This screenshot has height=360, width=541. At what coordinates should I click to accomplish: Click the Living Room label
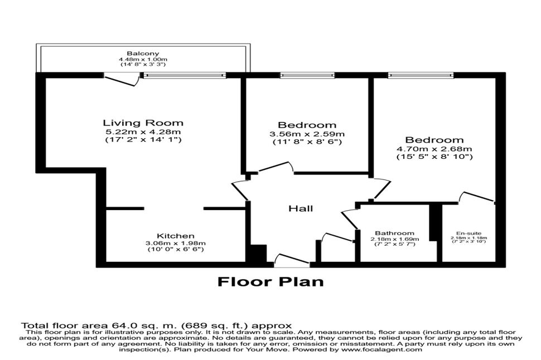(x=143, y=123)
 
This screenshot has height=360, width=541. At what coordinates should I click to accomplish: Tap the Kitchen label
(x=176, y=236)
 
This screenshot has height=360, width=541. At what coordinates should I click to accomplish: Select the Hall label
(x=301, y=208)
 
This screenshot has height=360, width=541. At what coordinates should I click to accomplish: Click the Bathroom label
(x=395, y=233)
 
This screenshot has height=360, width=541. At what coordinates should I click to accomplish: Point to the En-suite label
(x=468, y=233)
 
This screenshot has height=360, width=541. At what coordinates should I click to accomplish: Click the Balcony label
(x=143, y=53)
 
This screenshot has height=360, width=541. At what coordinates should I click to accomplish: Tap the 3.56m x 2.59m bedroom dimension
(x=307, y=134)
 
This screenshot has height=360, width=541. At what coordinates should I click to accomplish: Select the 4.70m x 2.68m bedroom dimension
(x=434, y=149)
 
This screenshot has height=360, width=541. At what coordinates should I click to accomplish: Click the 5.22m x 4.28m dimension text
(x=143, y=132)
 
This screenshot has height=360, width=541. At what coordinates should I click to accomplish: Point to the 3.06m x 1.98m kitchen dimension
(x=176, y=243)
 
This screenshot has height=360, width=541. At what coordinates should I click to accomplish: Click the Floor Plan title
(x=270, y=282)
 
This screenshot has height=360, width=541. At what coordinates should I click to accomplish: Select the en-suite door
(x=477, y=197)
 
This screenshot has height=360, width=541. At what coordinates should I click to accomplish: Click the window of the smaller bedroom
(x=307, y=75)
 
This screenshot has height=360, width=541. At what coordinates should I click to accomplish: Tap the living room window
(x=185, y=75)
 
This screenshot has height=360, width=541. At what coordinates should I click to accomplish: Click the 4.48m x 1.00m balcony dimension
(x=143, y=59)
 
